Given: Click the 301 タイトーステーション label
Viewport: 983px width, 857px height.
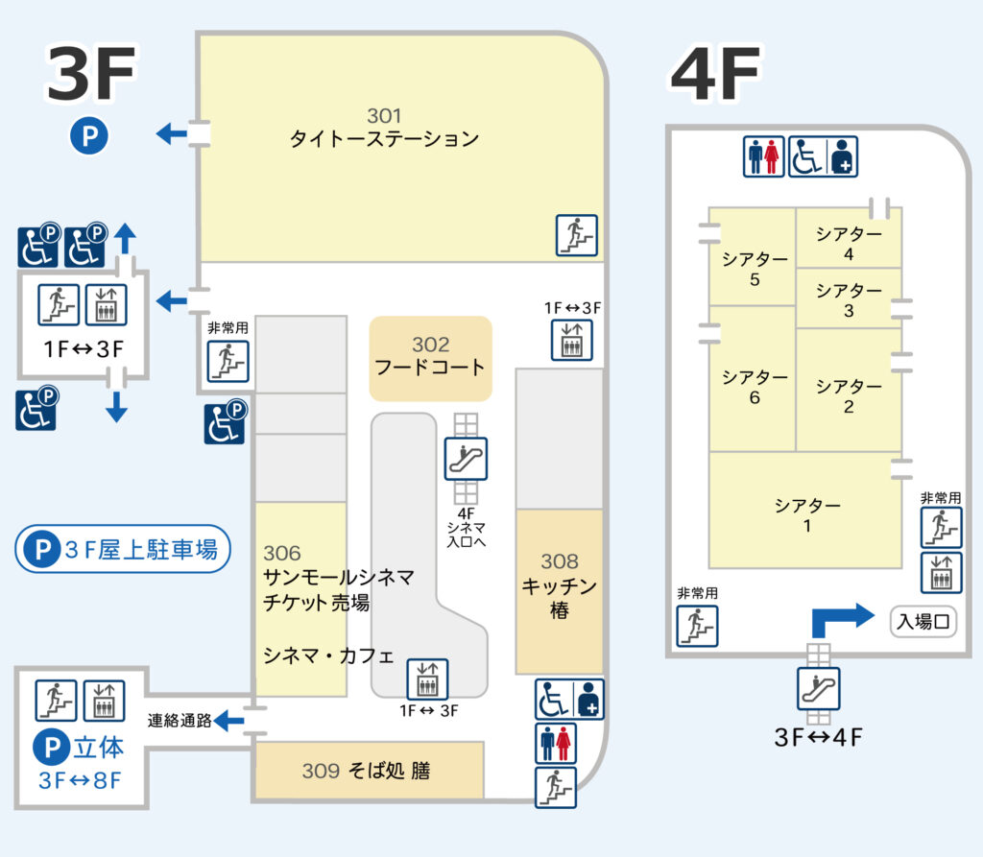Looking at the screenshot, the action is (384, 128).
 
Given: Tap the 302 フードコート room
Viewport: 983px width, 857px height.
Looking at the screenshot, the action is (431, 359).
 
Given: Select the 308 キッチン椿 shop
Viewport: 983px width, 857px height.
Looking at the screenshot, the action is (560, 590).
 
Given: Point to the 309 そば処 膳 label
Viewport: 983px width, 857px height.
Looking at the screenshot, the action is (366, 771).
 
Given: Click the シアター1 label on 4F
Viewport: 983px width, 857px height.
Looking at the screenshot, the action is (806, 514).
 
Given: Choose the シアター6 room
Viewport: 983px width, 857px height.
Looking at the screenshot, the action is (753, 379).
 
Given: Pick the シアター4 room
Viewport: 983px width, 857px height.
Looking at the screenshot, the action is (849, 238).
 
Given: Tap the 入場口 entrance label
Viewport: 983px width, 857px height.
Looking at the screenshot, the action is (923, 621).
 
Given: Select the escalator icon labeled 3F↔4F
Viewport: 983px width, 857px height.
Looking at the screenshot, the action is (818, 688).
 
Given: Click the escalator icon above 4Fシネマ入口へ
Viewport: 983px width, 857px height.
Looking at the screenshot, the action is (466, 459).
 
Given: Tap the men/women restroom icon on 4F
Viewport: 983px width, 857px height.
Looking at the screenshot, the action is (763, 156).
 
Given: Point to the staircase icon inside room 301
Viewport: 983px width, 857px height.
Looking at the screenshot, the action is (577, 235).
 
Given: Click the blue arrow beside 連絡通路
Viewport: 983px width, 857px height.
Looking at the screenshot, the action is (228, 721).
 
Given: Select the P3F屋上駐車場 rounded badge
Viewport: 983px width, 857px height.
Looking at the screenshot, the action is (123, 549).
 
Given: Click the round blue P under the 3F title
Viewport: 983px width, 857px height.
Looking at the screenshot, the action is (89, 136).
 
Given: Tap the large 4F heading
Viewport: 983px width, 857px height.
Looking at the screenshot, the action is (715, 73).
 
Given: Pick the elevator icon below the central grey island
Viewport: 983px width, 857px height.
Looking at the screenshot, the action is (427, 678).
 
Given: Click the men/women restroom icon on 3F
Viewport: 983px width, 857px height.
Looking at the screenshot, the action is (556, 743).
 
